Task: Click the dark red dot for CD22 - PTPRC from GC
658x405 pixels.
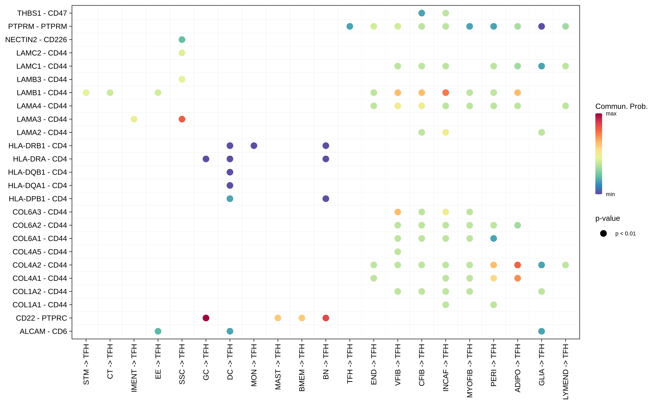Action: (x=206, y=318)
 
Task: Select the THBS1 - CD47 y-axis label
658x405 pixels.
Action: (x=42, y=13)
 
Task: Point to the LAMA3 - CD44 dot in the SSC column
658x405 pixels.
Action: (x=182, y=119)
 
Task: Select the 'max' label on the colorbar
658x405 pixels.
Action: (x=611, y=114)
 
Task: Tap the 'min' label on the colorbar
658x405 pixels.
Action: (x=610, y=194)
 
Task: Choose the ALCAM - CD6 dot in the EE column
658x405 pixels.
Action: (x=158, y=331)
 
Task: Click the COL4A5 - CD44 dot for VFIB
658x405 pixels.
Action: (x=398, y=252)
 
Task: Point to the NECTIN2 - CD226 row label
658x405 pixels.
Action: (x=36, y=40)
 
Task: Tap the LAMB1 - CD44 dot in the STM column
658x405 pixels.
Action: (x=86, y=93)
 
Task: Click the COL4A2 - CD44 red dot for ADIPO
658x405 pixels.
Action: (x=517, y=265)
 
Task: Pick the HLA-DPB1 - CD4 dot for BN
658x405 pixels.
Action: (x=326, y=199)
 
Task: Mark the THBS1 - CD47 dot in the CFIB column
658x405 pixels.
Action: (x=422, y=13)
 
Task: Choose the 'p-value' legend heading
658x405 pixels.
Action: (x=607, y=218)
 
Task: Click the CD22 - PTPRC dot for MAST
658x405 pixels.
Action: (x=278, y=318)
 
